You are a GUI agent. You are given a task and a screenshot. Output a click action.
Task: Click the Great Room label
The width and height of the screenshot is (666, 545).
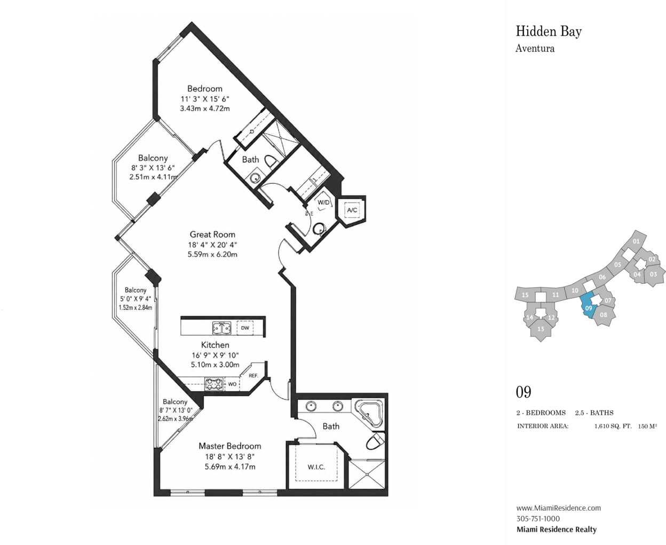[x=212, y=235]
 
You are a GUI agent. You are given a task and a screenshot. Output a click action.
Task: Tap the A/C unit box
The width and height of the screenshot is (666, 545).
[x=352, y=210]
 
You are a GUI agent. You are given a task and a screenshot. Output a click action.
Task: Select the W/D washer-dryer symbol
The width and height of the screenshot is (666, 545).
[x=323, y=203]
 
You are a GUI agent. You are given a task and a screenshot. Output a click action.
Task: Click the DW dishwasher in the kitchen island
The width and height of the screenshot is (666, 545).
[x=245, y=328]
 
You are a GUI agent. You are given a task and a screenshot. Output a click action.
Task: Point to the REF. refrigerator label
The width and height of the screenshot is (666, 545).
[x=253, y=376]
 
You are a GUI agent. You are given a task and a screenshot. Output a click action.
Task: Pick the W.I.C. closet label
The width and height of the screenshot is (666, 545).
[x=316, y=467]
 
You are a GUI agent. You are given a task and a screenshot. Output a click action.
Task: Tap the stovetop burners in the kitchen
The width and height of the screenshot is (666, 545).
[x=214, y=384]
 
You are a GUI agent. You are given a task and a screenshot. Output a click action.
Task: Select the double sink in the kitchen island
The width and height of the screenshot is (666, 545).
[x=221, y=328]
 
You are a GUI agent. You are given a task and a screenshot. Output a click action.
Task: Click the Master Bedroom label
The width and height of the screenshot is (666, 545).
[x=230, y=446]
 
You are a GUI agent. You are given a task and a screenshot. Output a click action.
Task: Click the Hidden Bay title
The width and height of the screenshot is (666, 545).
[x=549, y=32]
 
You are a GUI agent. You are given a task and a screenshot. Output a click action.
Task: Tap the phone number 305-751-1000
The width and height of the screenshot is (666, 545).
[x=538, y=519]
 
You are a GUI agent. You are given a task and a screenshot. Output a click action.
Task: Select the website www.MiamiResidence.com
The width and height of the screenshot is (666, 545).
[x=559, y=508]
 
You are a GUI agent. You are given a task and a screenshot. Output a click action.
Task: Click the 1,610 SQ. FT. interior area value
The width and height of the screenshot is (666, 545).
[x=613, y=426]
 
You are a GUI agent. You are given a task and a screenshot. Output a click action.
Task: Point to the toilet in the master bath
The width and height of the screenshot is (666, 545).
[x=375, y=441]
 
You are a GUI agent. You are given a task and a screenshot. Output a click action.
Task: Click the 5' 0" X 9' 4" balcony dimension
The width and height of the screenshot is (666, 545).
[x=136, y=299]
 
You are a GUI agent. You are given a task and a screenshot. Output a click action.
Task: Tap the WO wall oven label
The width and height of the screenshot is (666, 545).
[x=232, y=384]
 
